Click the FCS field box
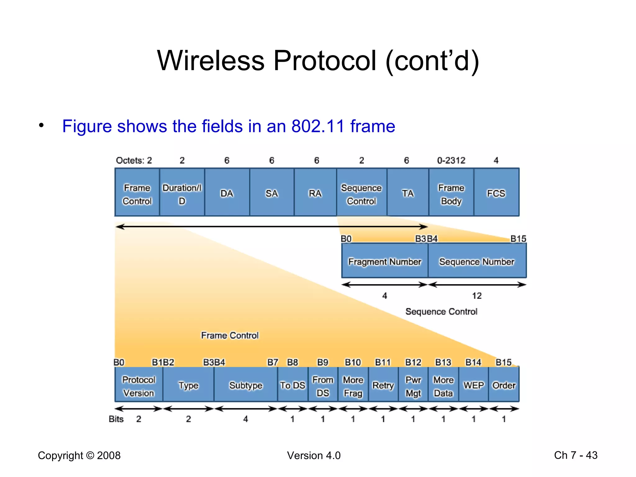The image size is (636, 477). [x=496, y=193]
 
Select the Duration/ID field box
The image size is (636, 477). [x=182, y=193]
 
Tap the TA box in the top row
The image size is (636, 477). [x=408, y=193]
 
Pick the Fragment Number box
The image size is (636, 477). [x=384, y=261]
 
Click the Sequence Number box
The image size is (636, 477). [x=477, y=261]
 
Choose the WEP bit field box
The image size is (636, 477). [x=474, y=385]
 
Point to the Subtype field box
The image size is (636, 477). [x=246, y=385]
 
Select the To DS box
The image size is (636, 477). [x=293, y=385]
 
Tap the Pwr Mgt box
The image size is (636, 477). [x=413, y=385]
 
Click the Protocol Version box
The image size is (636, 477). [x=139, y=385]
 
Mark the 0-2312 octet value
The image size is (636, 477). [x=451, y=160]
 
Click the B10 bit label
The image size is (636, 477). [x=353, y=362]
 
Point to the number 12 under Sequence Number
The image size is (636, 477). [x=477, y=296]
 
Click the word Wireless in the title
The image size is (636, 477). [x=211, y=61]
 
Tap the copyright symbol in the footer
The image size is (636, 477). [x=90, y=456]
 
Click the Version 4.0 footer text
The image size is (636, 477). [x=314, y=456]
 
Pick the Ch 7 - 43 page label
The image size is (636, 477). [x=575, y=455]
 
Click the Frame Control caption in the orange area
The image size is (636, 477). [x=229, y=335]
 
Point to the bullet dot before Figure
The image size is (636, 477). [x=41, y=125]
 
